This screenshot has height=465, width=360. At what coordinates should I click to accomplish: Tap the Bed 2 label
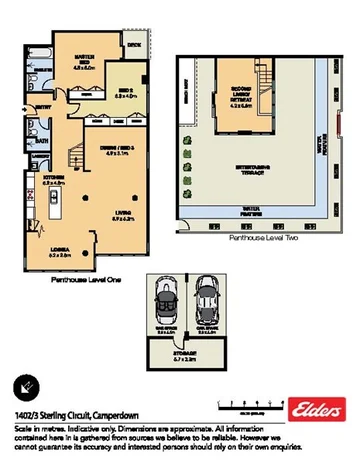123,96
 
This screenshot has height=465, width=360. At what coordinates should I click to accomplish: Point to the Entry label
44,105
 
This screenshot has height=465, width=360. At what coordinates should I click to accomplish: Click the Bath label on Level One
43,141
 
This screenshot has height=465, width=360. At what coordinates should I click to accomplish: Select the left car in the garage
165,298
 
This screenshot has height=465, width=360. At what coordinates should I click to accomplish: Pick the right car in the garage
207,297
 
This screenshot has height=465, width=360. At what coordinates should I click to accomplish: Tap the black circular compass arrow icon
25,386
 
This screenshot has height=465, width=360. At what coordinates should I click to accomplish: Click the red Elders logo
314,409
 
